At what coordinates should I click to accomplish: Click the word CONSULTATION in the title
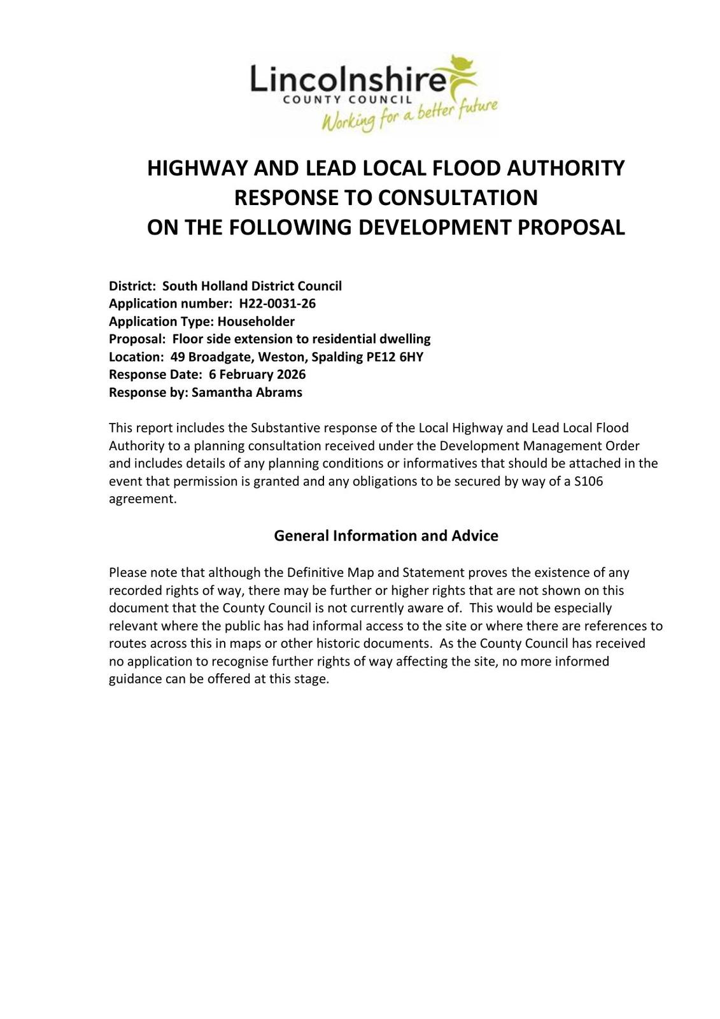pos(458,197)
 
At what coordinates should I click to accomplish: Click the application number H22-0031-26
pos(277,303)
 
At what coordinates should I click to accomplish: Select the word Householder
pos(256,321)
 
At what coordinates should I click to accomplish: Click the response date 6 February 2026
pos(257,374)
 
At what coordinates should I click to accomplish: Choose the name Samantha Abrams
pos(246,392)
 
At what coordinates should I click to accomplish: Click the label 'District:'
pos(132,286)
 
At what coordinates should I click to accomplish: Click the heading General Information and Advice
pos(386,536)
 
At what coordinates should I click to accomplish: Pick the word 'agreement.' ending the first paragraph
pos(143,499)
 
